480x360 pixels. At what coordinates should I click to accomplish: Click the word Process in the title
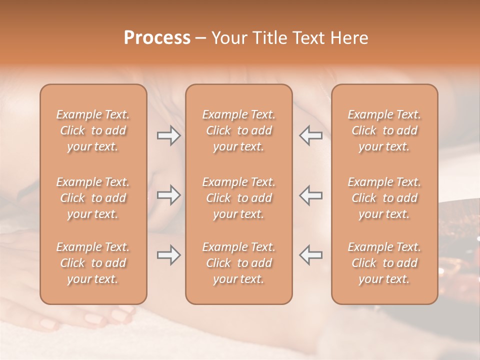(x=157, y=38)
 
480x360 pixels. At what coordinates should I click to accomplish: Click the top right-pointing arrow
(x=168, y=135)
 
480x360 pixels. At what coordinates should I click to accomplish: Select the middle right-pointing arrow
(x=168, y=195)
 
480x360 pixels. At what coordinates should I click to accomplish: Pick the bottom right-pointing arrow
(x=168, y=255)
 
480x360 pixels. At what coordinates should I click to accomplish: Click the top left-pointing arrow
(x=310, y=135)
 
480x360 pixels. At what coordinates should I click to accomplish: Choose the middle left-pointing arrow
(x=310, y=195)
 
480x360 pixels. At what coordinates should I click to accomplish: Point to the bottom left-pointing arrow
(x=310, y=255)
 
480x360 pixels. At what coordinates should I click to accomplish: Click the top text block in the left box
(x=93, y=130)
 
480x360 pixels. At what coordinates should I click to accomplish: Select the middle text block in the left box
(x=93, y=198)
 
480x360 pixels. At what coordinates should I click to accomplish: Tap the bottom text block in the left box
(x=93, y=263)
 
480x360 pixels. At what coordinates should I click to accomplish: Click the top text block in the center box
(x=239, y=130)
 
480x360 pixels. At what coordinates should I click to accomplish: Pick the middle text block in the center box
(x=239, y=198)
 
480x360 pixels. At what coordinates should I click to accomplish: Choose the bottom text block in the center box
(x=239, y=263)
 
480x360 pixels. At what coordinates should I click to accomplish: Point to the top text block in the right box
(x=384, y=130)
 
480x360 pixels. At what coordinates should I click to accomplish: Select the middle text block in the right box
(x=384, y=198)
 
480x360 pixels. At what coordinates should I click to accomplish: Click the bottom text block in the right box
(x=384, y=263)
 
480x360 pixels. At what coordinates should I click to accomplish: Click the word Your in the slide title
(x=227, y=38)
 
